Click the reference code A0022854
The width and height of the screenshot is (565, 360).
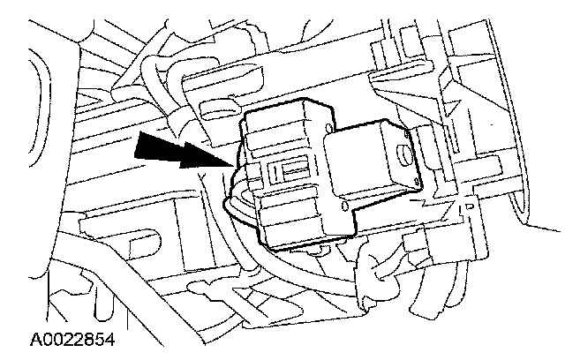[73, 338]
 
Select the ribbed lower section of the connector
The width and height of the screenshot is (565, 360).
[291, 216]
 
